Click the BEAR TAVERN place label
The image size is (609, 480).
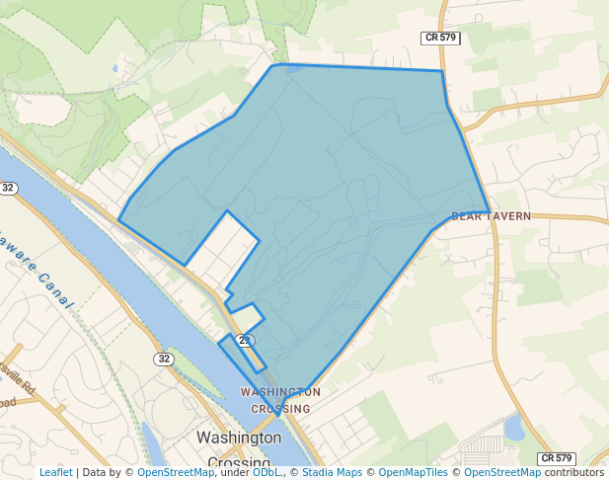[491, 215]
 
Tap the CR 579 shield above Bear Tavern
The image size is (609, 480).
[440, 38]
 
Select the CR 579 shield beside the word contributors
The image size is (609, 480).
[557, 458]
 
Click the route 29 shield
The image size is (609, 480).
[246, 340]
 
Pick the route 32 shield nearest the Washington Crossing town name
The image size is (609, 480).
[163, 359]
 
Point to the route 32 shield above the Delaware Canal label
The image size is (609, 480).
[8, 188]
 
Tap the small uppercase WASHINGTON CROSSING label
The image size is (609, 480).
[280, 400]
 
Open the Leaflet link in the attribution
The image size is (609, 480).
[56, 472]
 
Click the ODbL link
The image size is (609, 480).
[266, 472]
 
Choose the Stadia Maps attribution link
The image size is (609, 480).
[332, 472]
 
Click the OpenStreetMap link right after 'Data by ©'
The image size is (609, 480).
[176, 472]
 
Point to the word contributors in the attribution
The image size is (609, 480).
[574, 472]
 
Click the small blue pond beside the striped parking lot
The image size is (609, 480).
[513, 427]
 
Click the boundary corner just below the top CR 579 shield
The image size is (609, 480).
[441, 71]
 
